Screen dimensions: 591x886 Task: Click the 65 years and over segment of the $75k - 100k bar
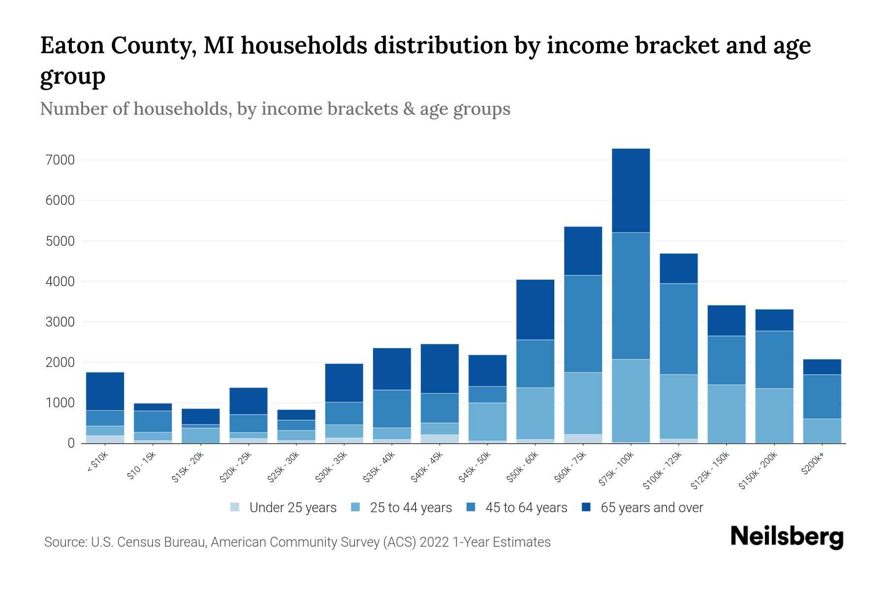pos(631,190)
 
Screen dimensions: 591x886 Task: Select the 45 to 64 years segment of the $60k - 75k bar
pos(583,324)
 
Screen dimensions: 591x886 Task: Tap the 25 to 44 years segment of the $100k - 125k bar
pos(678,406)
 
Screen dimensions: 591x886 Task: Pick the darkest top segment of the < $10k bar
pos(105,391)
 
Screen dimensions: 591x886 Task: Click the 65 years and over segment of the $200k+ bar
pos(822,367)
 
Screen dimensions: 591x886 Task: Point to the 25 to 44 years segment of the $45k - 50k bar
pos(487,422)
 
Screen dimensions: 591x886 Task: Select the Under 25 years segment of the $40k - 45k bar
pos(440,438)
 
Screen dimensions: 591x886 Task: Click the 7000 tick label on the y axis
pos(61,160)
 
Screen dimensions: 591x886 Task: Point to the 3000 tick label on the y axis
pos(61,322)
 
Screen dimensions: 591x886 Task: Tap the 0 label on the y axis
pos(71,443)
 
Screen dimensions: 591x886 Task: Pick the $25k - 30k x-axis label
pos(284,467)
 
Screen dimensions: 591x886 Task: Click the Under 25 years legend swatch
pos(235,507)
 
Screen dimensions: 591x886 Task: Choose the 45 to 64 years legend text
pos(526,508)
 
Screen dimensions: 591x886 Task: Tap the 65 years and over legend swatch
pos(587,507)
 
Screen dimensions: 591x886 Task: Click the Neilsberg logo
pos(787,537)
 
